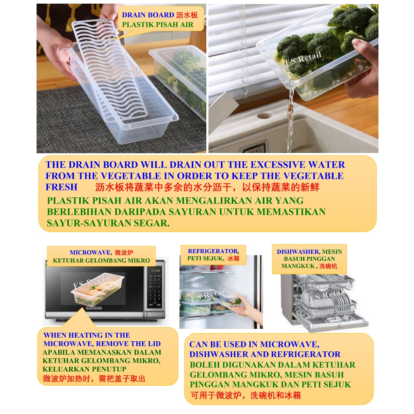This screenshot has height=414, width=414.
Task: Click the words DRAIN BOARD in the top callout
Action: point(148,15)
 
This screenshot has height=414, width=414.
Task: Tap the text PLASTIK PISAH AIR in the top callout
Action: point(158,25)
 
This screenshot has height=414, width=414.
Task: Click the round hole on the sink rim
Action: point(264,116)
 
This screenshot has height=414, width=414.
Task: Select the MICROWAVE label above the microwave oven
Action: point(90,252)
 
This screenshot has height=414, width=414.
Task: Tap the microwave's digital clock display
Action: point(155,270)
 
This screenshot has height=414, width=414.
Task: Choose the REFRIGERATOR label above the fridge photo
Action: point(213,251)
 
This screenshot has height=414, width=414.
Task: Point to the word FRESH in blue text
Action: point(61,187)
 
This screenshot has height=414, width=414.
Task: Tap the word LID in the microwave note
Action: point(154,344)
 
